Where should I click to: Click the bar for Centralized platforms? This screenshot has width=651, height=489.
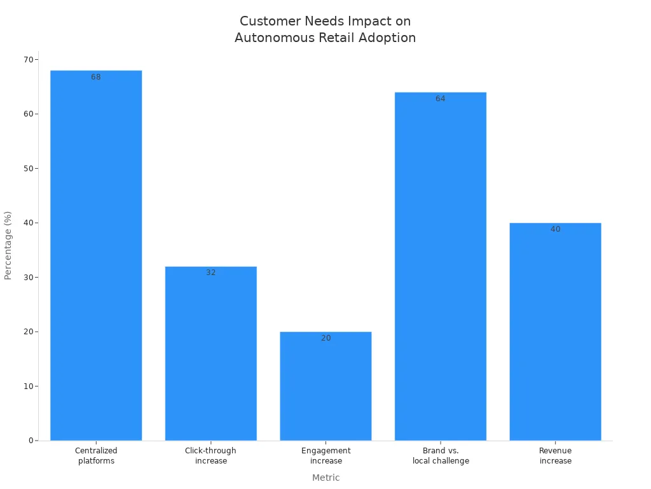coord(96,255)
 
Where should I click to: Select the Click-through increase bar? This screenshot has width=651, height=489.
coord(210,353)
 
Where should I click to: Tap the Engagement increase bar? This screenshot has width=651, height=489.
coord(325,386)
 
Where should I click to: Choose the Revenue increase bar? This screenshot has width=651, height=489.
coord(555,331)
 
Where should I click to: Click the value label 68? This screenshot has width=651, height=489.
coord(96,77)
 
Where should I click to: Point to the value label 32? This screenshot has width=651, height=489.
coord(210,273)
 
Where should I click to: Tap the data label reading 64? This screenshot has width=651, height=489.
coord(440,99)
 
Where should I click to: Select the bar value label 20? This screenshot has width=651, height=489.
coord(325,338)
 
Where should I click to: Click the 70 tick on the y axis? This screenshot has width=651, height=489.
coord(29,60)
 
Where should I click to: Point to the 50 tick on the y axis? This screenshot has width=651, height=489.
coord(29,169)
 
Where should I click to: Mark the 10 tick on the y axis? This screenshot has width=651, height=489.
coord(29,386)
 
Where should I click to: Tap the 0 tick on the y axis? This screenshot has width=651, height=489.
coord(31,441)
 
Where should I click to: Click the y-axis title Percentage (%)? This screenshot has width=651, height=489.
coord(8,245)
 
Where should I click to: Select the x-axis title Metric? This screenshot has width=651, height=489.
coord(325,478)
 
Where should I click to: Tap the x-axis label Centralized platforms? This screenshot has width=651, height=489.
coord(96,456)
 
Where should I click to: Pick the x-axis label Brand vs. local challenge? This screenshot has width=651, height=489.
coord(440,456)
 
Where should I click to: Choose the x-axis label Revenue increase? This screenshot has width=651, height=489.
coord(555,456)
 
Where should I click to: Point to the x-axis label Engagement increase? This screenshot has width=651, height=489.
coord(325,456)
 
